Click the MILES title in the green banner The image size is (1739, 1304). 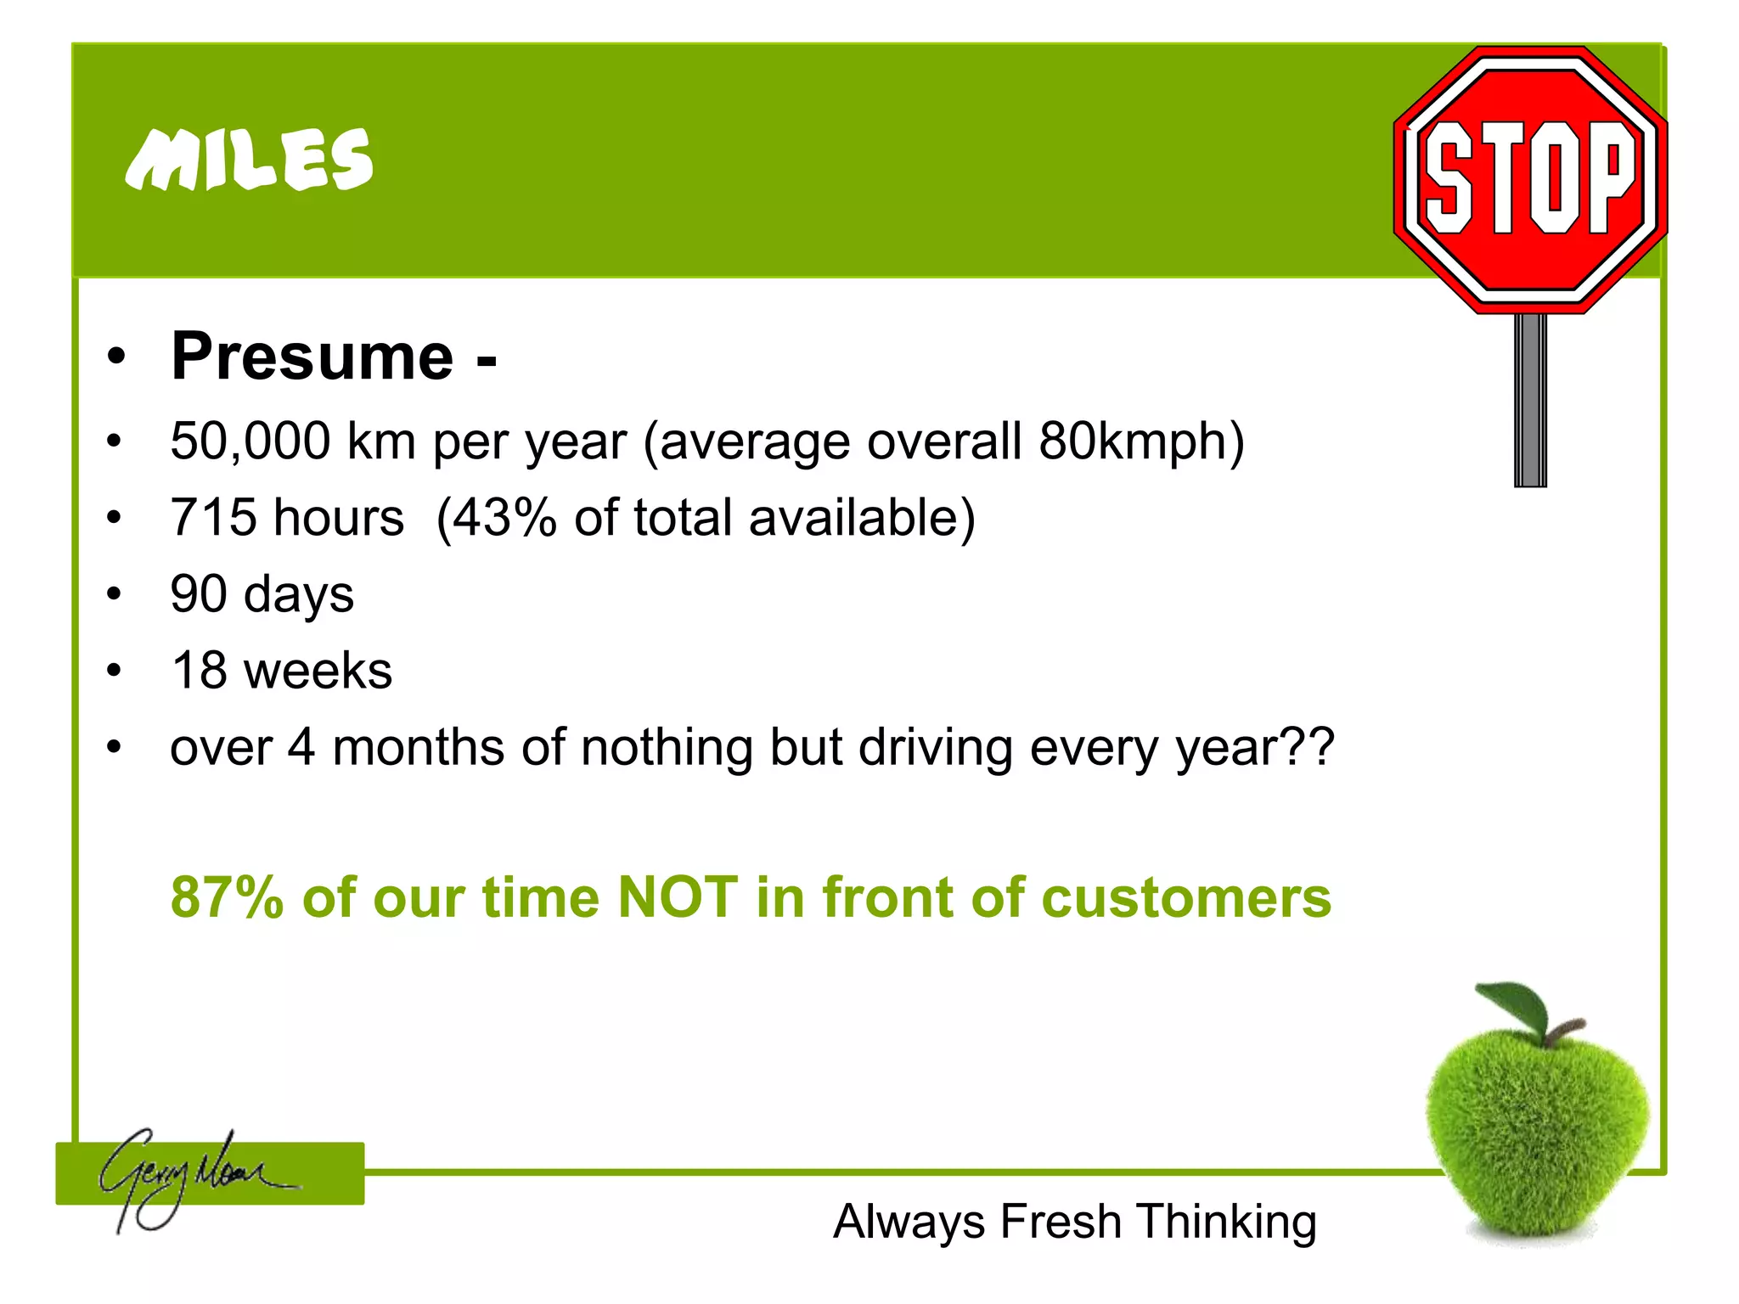pyautogui.click(x=248, y=160)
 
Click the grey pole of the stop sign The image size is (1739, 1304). pyautogui.click(x=1530, y=399)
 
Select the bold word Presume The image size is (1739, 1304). pyautogui.click(x=312, y=357)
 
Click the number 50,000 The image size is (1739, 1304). pyautogui.click(x=250, y=441)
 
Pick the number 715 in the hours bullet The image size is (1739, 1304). pyautogui.click(x=213, y=518)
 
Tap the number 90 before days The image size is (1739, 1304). pyautogui.click(x=199, y=594)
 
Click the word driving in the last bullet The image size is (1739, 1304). pyautogui.click(x=935, y=748)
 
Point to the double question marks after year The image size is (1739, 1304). pyautogui.click(x=1311, y=748)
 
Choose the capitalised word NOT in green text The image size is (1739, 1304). pyautogui.click(x=678, y=897)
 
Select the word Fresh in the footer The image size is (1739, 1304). pyautogui.click(x=1061, y=1222)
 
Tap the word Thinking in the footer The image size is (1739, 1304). pyautogui.click(x=1227, y=1223)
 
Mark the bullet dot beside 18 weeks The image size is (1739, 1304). pyautogui.click(x=115, y=671)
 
